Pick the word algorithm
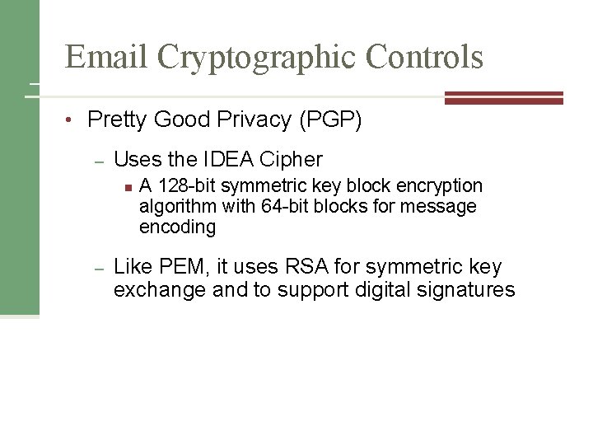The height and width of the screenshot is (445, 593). coord(172,206)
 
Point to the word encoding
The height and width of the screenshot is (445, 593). coord(177,227)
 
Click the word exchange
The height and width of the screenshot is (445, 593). coord(157,290)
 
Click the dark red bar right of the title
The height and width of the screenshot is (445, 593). coord(503,98)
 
